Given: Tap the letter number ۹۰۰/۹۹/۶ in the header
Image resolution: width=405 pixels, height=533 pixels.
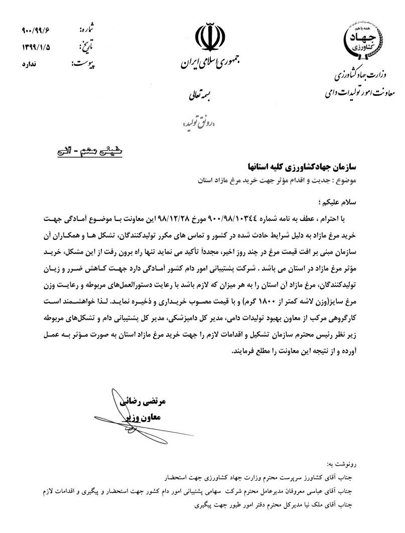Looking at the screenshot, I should click(x=37, y=30).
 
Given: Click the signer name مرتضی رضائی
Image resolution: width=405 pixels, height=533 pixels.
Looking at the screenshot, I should click(x=143, y=403).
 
